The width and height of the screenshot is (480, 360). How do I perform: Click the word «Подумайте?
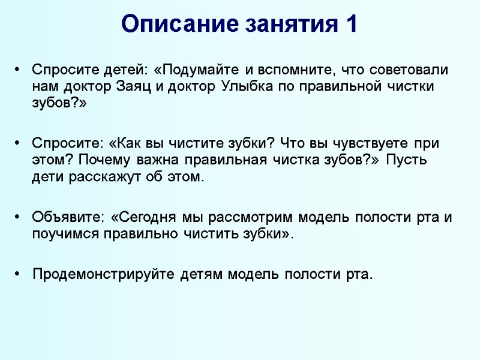[x=199, y=69]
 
